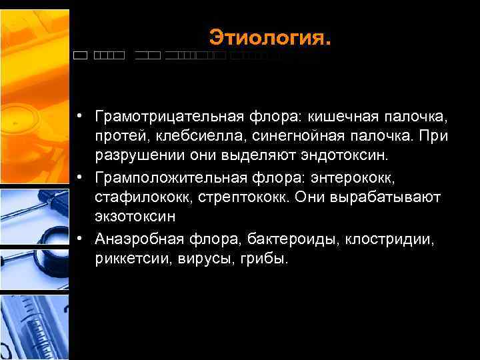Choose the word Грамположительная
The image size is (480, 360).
(162, 177)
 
